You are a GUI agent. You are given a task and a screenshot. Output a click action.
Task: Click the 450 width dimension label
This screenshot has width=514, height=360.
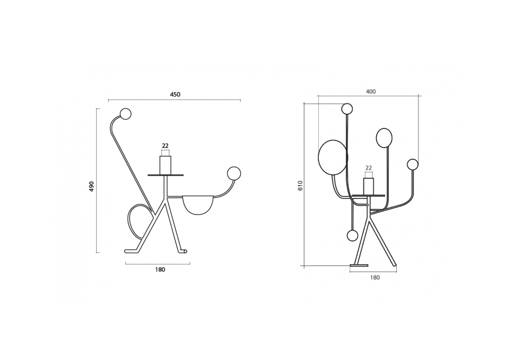[175, 95]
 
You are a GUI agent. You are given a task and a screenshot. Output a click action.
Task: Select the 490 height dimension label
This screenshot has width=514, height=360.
[91, 186]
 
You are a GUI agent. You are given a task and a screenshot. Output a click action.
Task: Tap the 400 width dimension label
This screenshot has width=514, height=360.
[371, 92]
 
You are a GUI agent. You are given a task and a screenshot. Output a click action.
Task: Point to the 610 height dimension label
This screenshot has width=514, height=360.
[301, 186]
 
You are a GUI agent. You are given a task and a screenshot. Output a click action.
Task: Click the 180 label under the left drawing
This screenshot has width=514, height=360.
[160, 269]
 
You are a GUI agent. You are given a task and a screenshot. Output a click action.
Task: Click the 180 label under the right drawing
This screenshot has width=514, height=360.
[375, 277]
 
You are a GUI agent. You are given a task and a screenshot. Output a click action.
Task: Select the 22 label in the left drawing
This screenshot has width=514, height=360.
[165, 146]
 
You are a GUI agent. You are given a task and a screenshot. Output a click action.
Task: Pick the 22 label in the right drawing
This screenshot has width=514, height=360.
[369, 168]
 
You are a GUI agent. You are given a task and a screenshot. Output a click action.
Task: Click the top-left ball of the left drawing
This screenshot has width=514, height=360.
[125, 114]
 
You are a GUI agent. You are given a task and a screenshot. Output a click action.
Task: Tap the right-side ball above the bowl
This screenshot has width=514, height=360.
[234, 173]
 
